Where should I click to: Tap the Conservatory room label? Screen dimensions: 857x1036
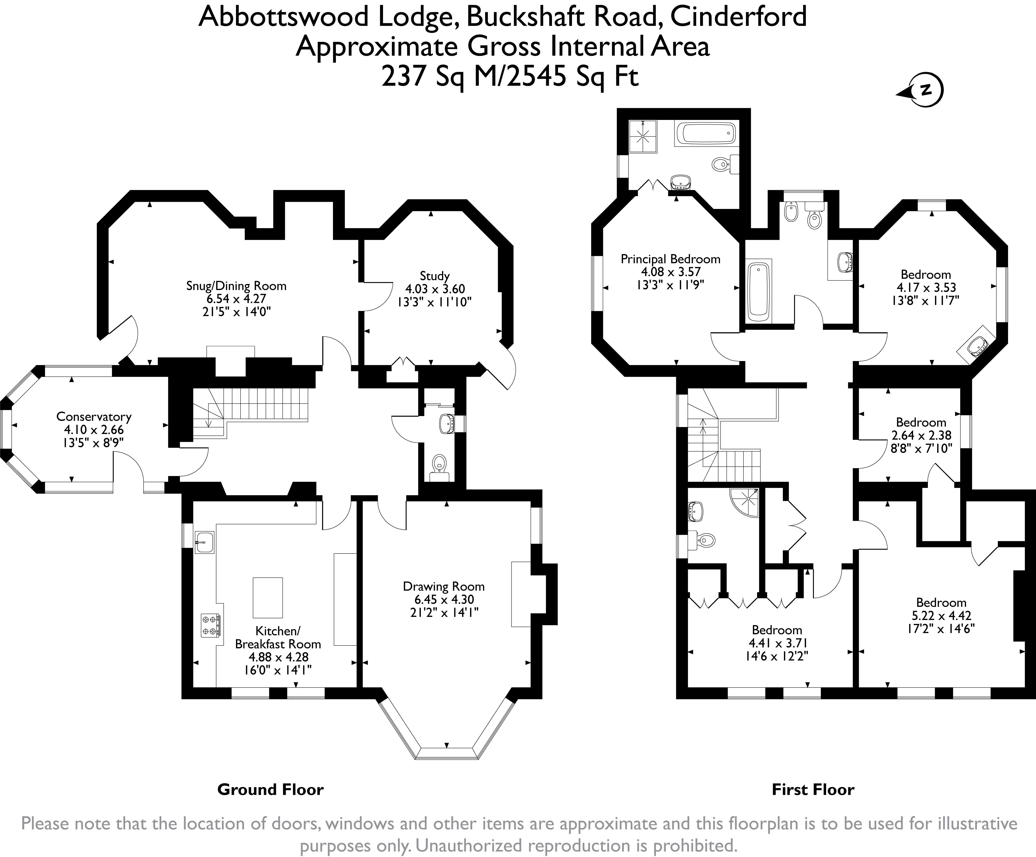click(x=94, y=417)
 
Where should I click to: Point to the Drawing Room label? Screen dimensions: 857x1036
click(x=443, y=586)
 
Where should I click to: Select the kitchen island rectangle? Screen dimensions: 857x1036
click(x=268, y=597)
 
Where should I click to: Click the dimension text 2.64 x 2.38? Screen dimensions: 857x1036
click(x=921, y=435)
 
